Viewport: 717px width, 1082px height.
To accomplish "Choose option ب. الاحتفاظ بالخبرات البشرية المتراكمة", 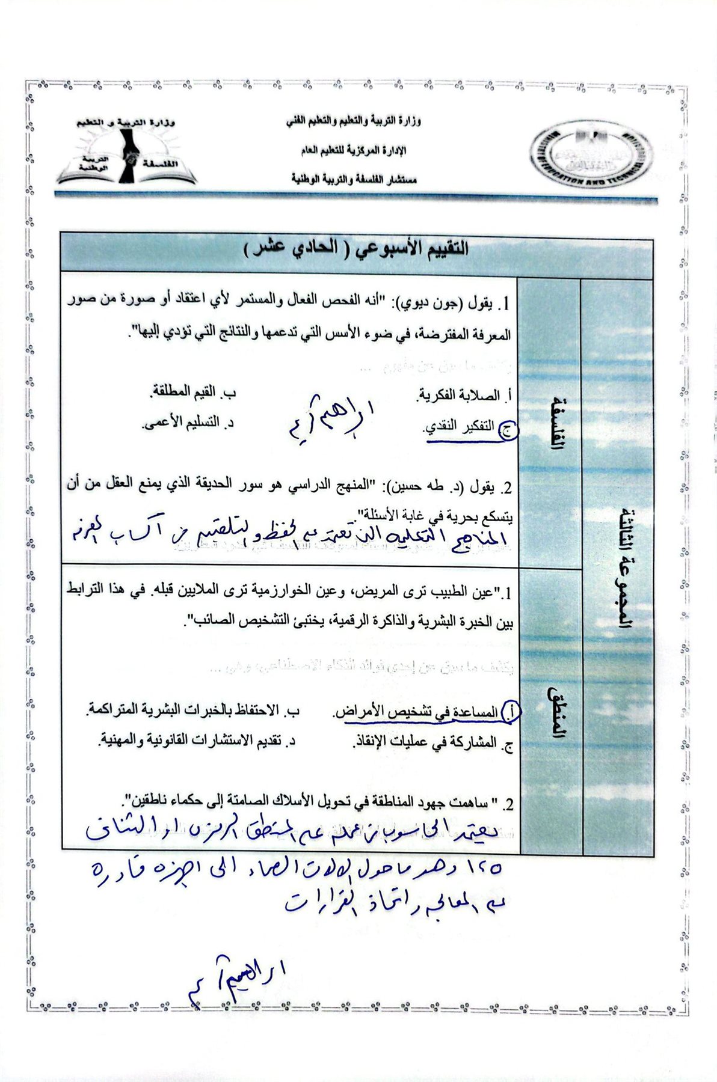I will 193,711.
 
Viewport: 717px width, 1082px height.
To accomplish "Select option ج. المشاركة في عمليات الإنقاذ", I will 432,742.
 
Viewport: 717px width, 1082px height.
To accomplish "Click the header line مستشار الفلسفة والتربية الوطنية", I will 354,179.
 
